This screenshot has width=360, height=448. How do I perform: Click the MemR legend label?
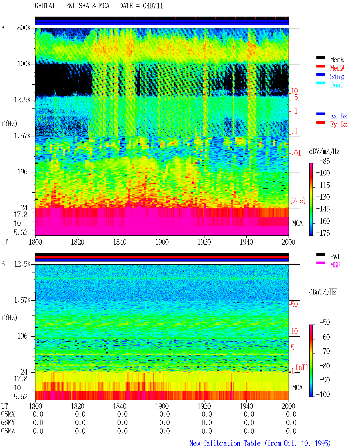coord(337,60)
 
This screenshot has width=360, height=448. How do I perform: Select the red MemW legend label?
coord(337,68)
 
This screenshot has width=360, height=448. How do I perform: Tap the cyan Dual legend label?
coord(336,85)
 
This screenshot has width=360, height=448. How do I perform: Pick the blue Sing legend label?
coord(337,76)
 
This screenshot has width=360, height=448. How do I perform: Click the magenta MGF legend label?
coord(335,265)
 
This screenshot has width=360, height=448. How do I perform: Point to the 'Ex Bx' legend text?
coord(338,116)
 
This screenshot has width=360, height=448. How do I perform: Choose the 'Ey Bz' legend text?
coord(338,125)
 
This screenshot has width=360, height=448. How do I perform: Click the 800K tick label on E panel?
coord(24,28)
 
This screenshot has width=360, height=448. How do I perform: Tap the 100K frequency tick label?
coord(24,64)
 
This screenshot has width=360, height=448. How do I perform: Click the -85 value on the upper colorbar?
coord(324,161)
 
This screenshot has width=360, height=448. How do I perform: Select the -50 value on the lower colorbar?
coord(324,323)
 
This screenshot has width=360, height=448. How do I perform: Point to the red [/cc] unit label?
coord(298,201)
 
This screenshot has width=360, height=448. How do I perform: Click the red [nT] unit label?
coord(302,367)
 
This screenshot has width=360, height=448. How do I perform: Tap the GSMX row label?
coord(8,414)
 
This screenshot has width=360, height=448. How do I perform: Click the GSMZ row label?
coord(8,431)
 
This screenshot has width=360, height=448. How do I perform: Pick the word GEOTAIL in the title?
coord(46,6)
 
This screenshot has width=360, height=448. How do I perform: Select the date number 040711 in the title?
coord(153,6)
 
